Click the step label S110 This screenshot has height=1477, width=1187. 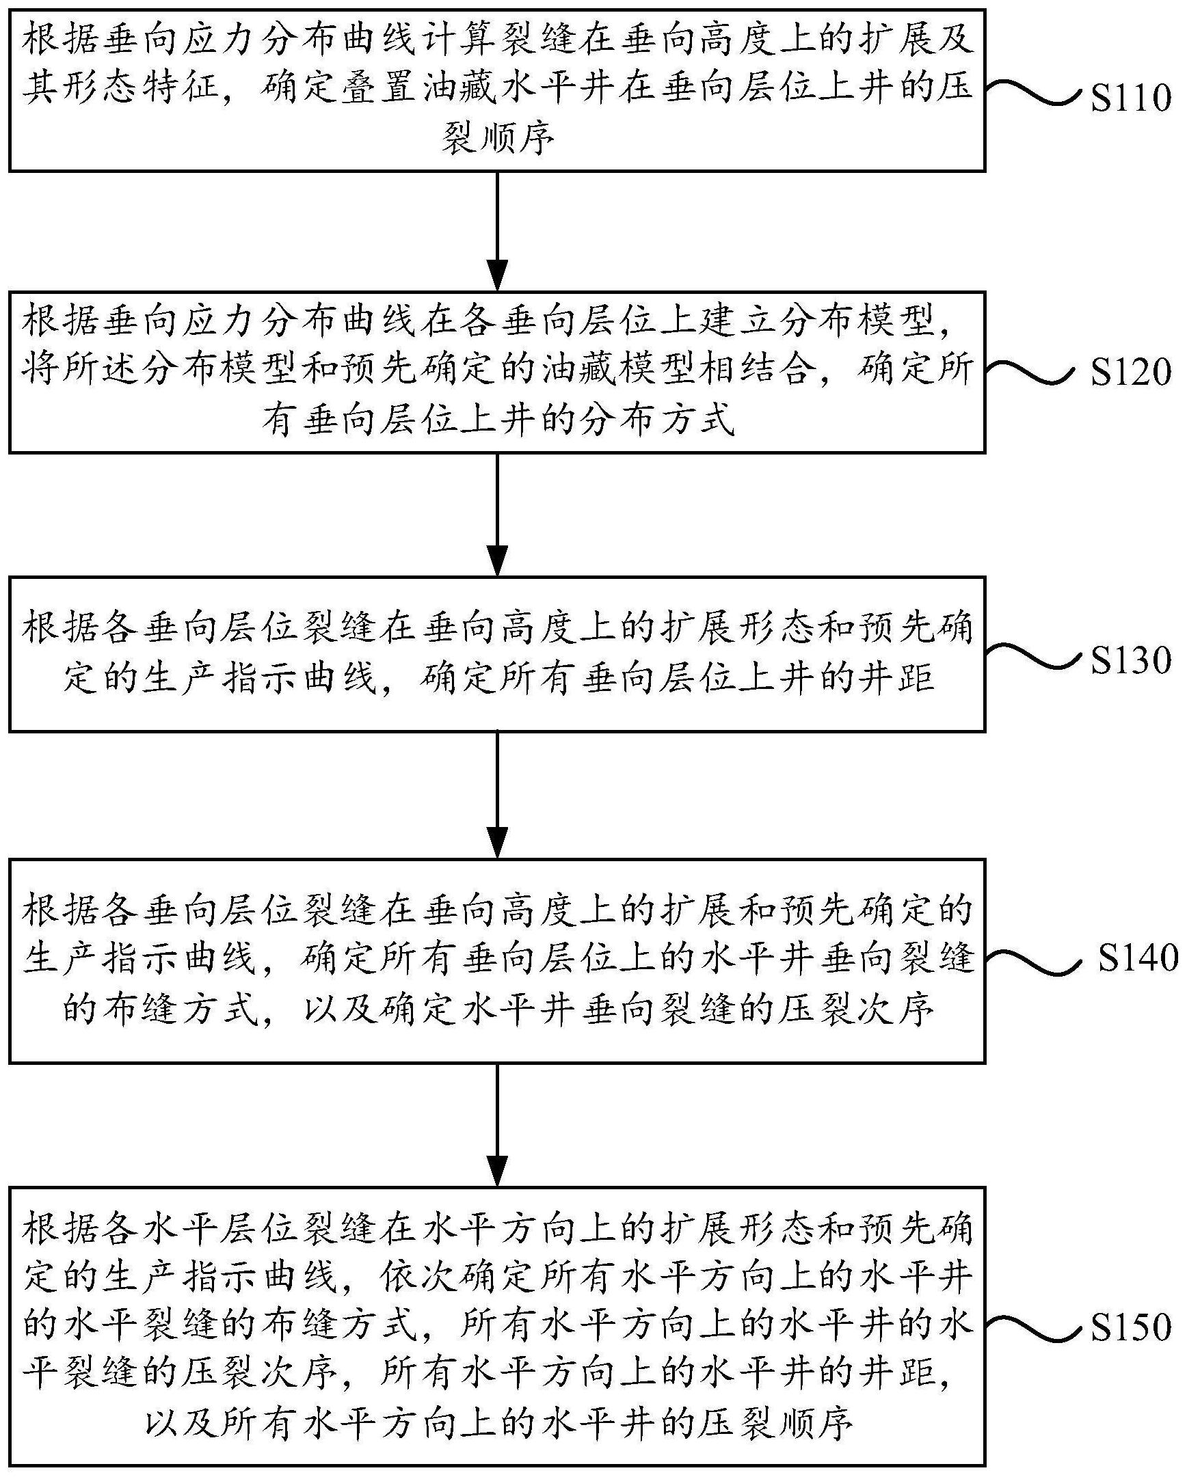[1131, 98]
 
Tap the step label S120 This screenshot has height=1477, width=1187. [1131, 372]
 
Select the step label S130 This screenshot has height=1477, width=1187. [1131, 660]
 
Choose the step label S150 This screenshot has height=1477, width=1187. [1131, 1325]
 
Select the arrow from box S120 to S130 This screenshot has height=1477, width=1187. [497, 514]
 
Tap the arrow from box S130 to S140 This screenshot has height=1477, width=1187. [497, 795]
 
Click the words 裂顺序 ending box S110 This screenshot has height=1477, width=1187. [498, 139]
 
